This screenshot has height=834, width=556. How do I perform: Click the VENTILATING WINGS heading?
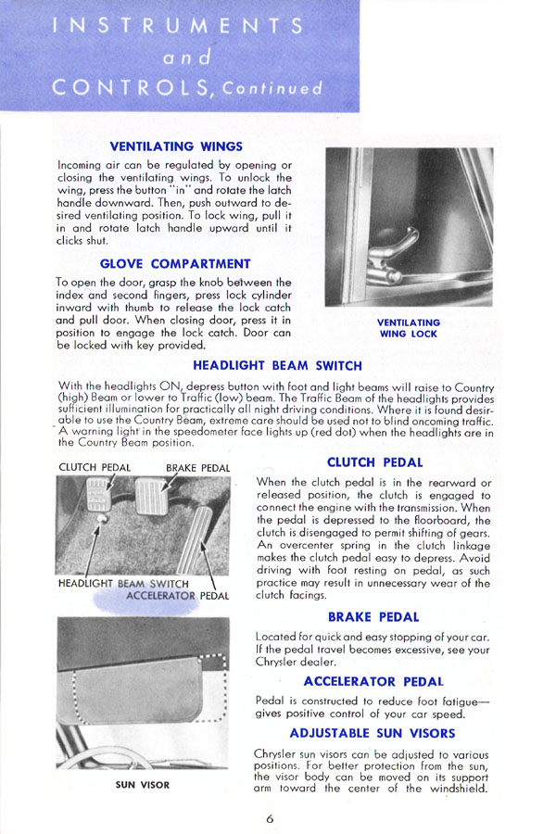(x=176, y=145)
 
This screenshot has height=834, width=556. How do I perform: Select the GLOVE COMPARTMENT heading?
(x=175, y=264)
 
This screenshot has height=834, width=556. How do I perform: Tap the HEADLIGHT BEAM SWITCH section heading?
(x=277, y=365)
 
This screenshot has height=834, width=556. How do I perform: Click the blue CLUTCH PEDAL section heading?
(x=374, y=461)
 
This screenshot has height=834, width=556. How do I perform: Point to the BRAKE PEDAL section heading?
(x=374, y=616)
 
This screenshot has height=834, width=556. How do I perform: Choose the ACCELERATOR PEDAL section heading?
(x=374, y=681)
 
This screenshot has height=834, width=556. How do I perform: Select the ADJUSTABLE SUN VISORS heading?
(x=374, y=733)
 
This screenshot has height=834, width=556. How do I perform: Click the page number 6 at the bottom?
(x=269, y=818)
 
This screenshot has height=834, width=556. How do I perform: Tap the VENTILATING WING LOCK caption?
(x=409, y=329)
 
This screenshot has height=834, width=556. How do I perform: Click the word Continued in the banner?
(x=275, y=90)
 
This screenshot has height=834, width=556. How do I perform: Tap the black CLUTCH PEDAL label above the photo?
(x=94, y=467)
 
